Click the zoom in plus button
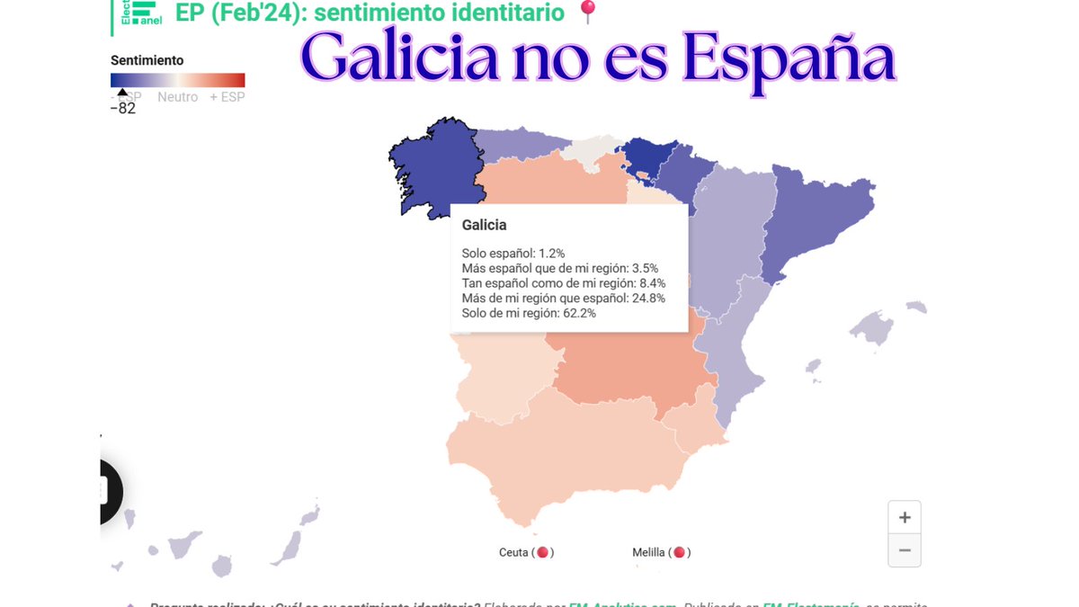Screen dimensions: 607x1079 (905, 517)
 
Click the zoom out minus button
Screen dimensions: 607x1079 (905, 550)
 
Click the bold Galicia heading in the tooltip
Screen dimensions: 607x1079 (484, 225)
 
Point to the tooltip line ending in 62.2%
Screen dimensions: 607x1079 (529, 313)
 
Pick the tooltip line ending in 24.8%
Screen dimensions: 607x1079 (563, 298)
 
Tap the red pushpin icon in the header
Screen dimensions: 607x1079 (587, 13)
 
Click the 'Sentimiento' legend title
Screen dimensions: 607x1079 (147, 60)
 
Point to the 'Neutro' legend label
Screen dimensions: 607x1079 (177, 97)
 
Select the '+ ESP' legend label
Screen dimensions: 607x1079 (227, 97)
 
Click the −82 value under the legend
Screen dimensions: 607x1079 (123, 109)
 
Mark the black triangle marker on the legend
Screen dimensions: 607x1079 (123, 92)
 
